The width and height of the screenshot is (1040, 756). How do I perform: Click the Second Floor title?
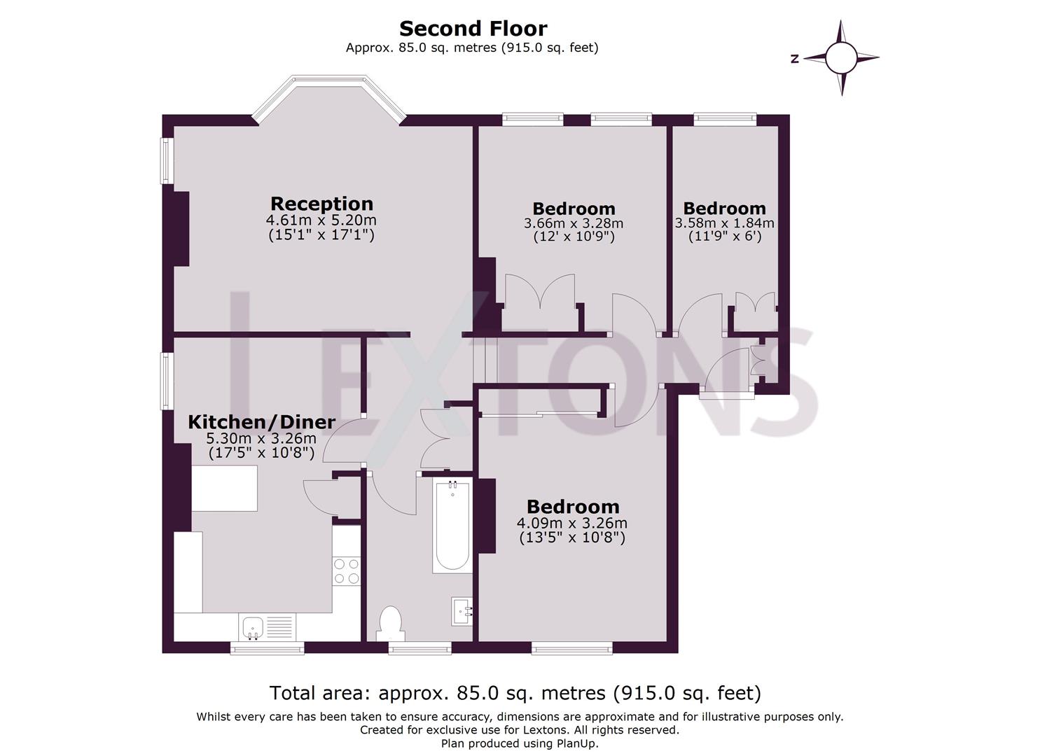(x=473, y=29)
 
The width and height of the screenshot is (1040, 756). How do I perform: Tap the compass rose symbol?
(x=841, y=58)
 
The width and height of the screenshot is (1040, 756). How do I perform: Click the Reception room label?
(x=321, y=204)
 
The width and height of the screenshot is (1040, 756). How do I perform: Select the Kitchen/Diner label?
(x=261, y=422)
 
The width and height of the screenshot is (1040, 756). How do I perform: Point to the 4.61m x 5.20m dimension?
(x=321, y=220)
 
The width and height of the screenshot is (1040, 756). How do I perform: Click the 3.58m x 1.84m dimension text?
(x=724, y=223)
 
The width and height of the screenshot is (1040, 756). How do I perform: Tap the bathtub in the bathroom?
(x=452, y=526)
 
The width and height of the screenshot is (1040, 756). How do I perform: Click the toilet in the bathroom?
(x=389, y=622)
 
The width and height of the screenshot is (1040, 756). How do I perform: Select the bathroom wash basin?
(x=462, y=611)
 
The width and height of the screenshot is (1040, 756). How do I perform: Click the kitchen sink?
(x=252, y=626)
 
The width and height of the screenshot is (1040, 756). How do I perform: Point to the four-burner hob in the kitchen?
(x=346, y=570)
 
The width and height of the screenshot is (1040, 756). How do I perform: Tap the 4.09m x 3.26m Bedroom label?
(x=572, y=507)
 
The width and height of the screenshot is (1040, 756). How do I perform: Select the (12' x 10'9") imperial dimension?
(x=573, y=237)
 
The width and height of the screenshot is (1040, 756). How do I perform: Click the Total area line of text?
(x=515, y=693)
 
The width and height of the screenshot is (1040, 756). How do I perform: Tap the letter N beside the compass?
(x=795, y=59)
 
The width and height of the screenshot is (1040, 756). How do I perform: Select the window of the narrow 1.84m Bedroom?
(x=725, y=120)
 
